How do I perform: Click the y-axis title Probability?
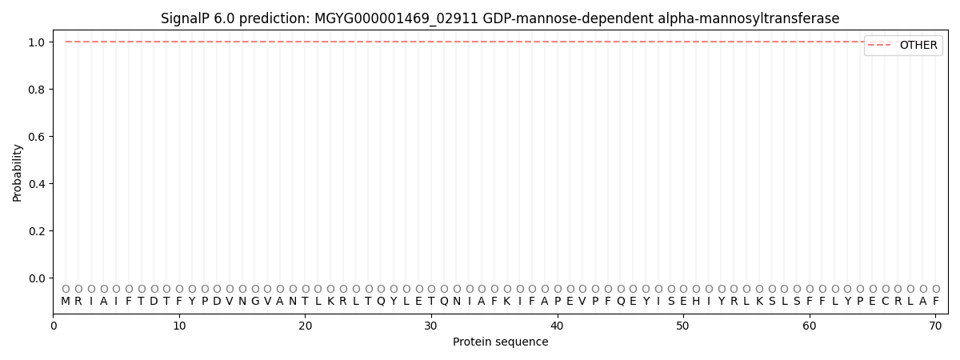pos(18,172)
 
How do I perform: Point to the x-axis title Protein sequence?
pos(501,342)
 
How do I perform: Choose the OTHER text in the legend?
pos(918,46)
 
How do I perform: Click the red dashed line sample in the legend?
pos(881,46)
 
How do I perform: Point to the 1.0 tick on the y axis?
pos(35,42)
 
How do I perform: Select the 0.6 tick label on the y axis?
pos(35,136)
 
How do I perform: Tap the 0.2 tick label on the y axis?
pos(35,231)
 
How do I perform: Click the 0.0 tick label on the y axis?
pos(35,278)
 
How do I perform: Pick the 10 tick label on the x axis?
pos(179,325)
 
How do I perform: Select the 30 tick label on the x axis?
pos(431,325)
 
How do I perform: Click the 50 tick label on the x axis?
pos(683,325)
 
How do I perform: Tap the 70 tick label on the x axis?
pos(935,325)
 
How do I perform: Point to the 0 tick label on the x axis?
pos(54,325)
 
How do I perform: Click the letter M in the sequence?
pos(66,302)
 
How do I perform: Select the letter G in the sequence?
pos(255,302)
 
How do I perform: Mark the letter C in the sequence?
pos(885,302)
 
